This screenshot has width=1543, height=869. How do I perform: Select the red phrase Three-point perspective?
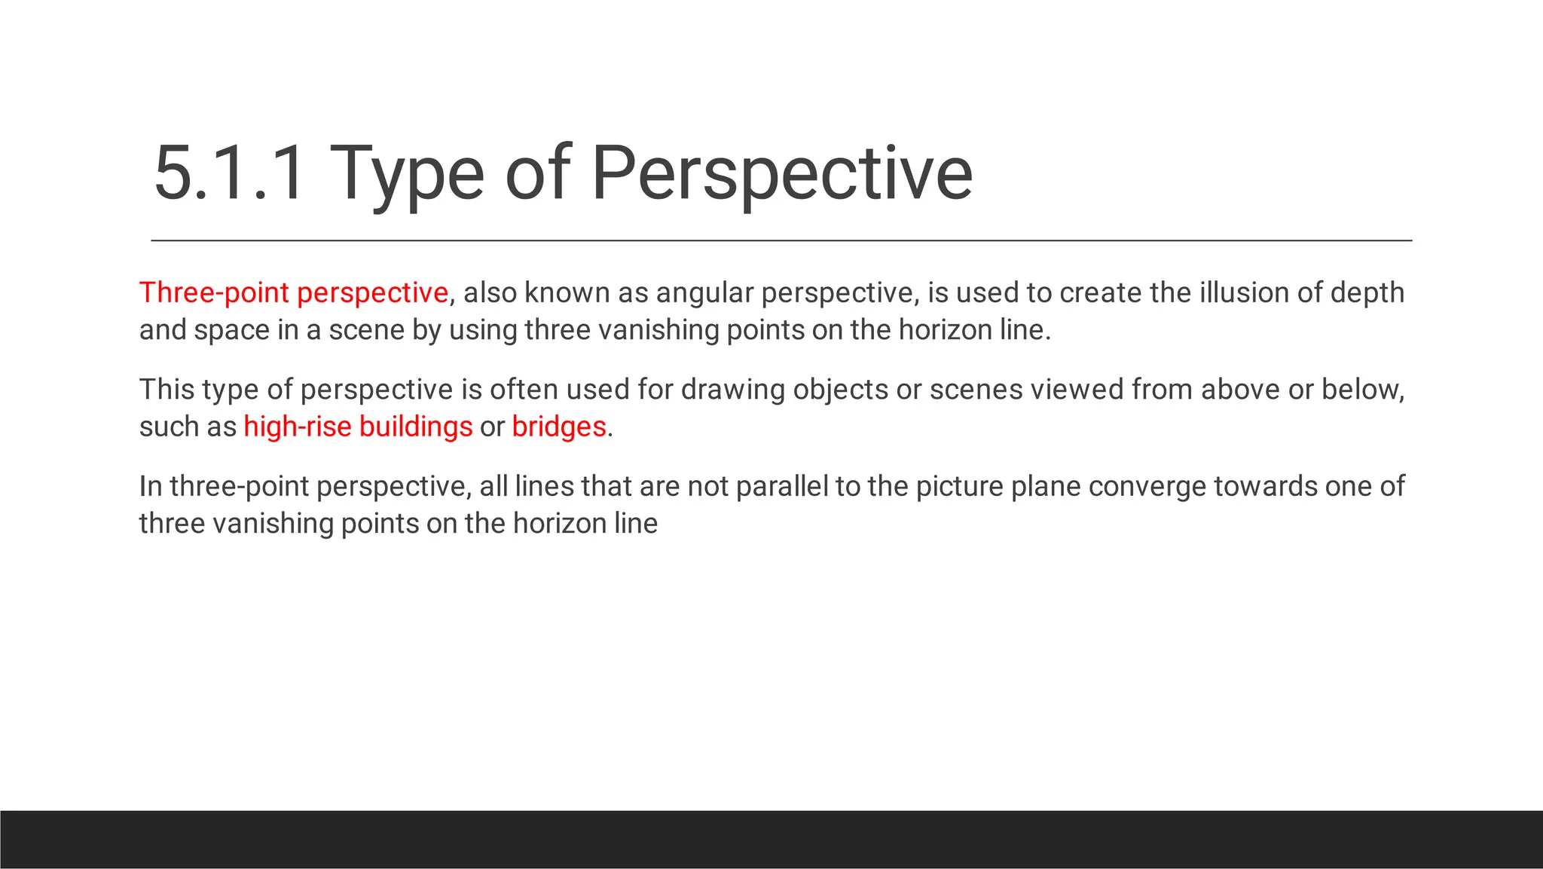294,292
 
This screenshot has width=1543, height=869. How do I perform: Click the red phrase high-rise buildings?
358,427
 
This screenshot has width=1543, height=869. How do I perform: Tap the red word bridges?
559,427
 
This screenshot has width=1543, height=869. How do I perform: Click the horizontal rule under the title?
781,240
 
